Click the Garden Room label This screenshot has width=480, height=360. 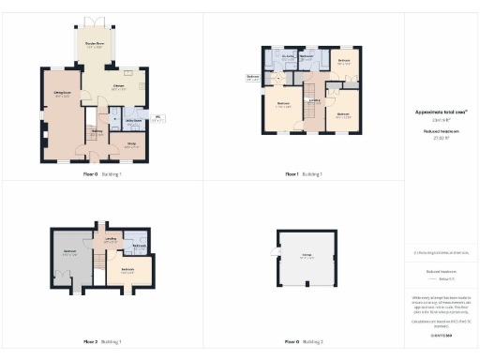coord(94,45)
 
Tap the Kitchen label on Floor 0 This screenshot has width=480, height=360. coord(119,87)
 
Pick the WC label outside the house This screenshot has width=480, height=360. coord(158,117)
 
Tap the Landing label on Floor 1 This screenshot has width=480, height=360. coord(315,100)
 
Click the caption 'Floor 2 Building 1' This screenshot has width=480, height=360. coord(101,342)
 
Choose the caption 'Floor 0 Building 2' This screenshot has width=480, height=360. coord(303,342)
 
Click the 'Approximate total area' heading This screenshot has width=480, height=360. coord(440,112)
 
